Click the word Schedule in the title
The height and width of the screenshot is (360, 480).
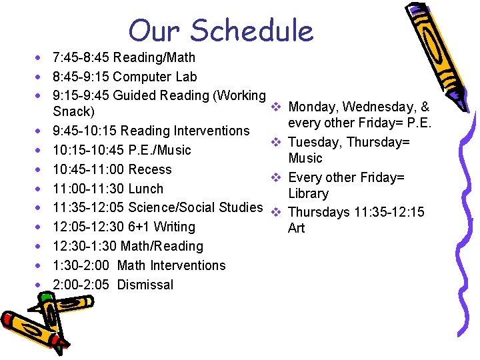[x=252, y=31]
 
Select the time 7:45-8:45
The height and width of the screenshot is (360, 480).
[x=81, y=58]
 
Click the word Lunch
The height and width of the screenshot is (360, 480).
[x=145, y=189]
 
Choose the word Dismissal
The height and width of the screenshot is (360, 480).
[x=145, y=285]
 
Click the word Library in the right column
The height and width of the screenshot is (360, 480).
[x=308, y=194]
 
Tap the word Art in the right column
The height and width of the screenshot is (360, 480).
[x=296, y=228]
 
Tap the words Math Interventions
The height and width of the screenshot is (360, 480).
[x=171, y=265]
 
